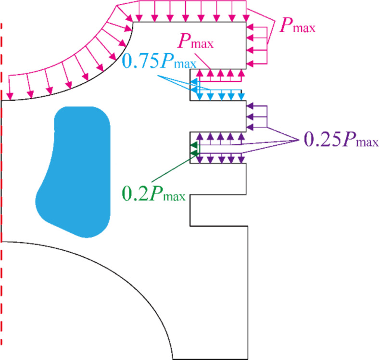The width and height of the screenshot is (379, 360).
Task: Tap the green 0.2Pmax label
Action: pyautogui.click(x=154, y=193)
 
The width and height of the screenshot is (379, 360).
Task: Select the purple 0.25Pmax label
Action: pyautogui.click(x=341, y=140)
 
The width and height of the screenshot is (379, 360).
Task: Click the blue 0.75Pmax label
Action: pyautogui.click(x=160, y=61)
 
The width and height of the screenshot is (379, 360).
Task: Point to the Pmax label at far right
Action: pyautogui.click(x=297, y=25)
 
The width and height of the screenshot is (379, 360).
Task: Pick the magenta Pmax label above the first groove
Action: pyautogui.click(x=196, y=41)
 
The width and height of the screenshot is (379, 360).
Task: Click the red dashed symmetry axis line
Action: pyautogui.click(x=1, y=184)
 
